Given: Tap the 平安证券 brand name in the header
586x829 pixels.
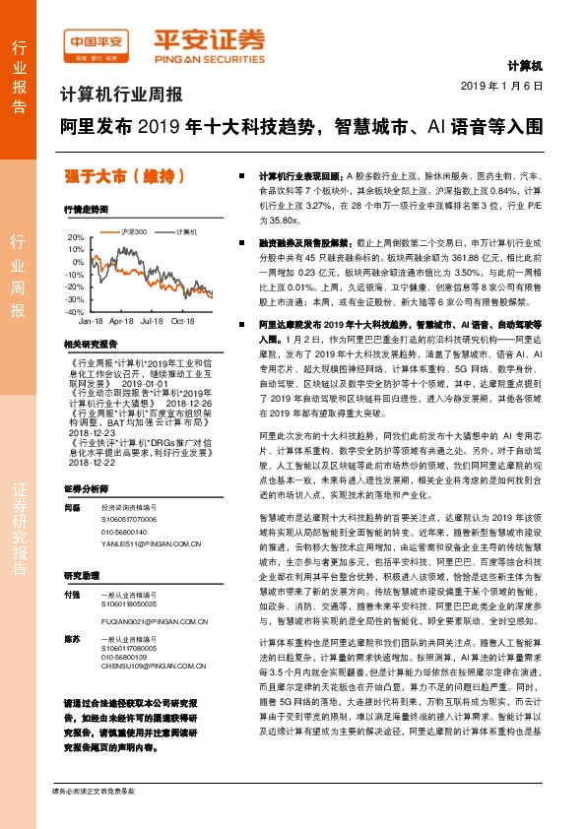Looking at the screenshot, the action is [208, 42].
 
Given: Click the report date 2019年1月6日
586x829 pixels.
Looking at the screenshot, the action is [502, 87].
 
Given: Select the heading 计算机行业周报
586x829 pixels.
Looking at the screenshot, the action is [121, 96].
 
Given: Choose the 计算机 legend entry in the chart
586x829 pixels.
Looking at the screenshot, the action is [187, 232].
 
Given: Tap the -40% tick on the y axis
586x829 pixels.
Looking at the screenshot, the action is [75, 311].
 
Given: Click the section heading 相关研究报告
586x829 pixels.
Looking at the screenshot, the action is [89, 345].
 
